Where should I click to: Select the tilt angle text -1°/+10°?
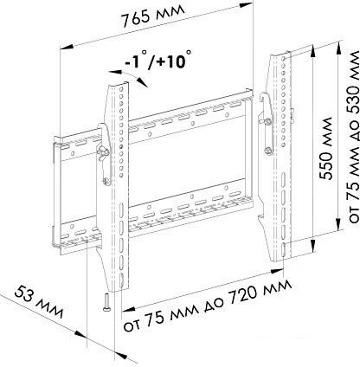pyautogui.click(x=157, y=61)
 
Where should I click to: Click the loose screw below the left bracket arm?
pyautogui.click(x=104, y=302)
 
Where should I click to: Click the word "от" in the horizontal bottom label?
pyautogui.click(x=133, y=326)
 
